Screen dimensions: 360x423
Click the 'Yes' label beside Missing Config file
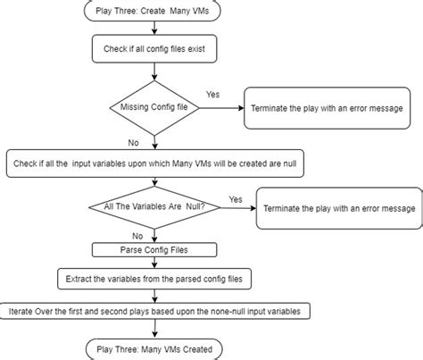(213, 94)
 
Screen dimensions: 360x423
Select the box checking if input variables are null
(153, 163)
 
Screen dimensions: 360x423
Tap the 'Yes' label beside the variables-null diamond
(236, 199)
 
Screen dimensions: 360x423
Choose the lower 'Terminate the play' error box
(337, 208)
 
